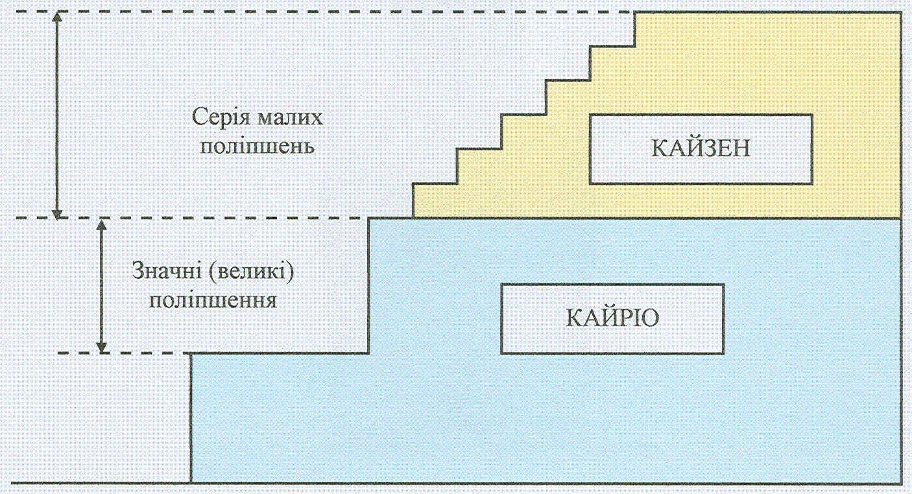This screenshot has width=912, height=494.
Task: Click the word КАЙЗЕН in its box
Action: [701, 148]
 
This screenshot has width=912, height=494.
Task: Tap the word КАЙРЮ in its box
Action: [613, 318]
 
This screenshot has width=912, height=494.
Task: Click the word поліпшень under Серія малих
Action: [258, 145]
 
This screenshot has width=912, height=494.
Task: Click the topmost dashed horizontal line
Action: [324, 12]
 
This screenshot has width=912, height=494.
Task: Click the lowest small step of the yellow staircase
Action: [435, 184]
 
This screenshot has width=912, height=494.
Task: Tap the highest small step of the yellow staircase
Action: [612, 45]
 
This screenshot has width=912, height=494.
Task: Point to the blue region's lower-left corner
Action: [192, 482]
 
